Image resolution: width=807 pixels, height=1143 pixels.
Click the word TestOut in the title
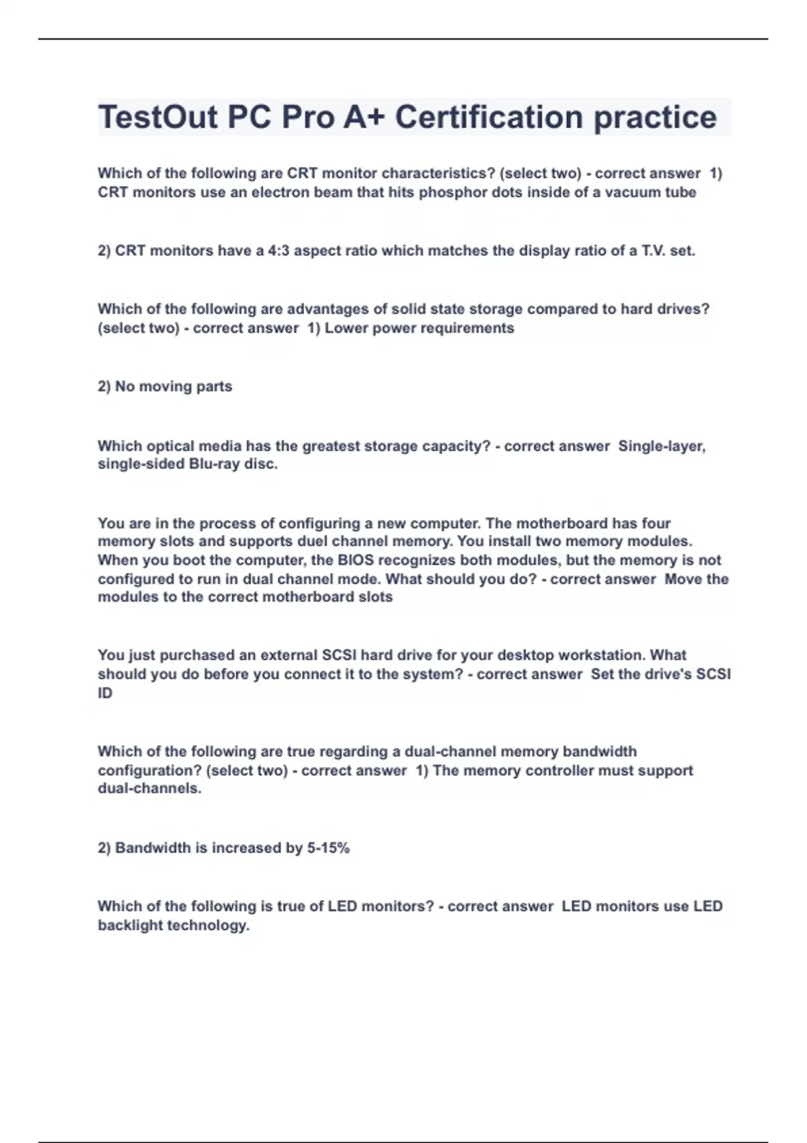[157, 117]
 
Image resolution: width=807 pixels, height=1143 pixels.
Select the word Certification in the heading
[488, 117]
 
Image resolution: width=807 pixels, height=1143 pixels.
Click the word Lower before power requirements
[345, 328]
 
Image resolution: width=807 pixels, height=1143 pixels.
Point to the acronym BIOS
[356, 560]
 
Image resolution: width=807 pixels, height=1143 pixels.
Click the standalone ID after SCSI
[105, 693]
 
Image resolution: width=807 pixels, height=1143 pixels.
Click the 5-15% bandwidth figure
[328, 848]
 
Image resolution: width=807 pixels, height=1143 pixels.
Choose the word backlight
[130, 925]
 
